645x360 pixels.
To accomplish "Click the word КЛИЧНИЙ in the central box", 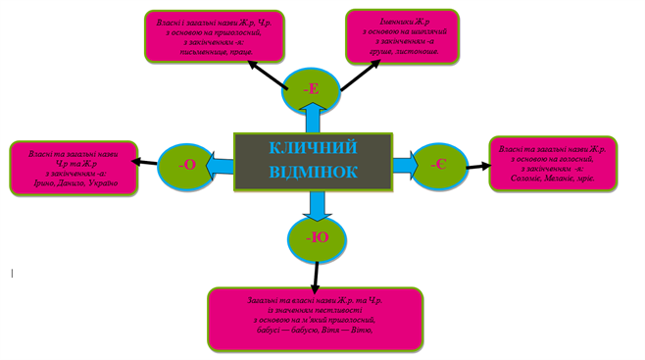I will coord(313,148).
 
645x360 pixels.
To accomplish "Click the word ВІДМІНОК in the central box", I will coord(313,172).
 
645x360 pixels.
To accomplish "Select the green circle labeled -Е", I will coord(312,89).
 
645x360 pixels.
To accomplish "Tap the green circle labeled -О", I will coord(186,164).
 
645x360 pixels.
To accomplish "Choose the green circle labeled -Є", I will coord(438,163).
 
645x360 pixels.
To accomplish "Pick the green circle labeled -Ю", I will coord(317,238).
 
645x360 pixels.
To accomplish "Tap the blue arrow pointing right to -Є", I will coord(403,164).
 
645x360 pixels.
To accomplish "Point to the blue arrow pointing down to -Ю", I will coord(316,204).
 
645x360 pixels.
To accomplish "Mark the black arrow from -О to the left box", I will coord(146,162).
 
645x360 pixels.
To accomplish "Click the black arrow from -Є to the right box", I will coord(478,166).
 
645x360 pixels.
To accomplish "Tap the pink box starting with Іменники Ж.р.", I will coord(402,37).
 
